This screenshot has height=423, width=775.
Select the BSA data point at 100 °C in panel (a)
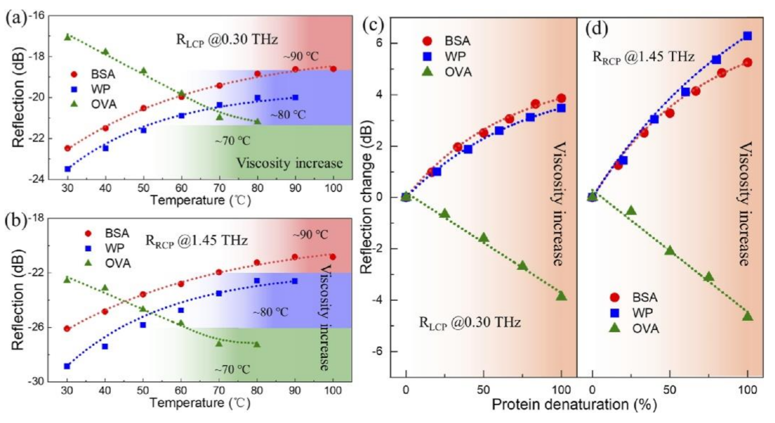[x=333, y=68]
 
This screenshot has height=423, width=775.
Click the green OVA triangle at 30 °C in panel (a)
[x=67, y=37]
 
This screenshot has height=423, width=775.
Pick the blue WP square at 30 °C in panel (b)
[x=67, y=366]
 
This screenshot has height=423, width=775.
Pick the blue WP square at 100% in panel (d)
[x=747, y=36]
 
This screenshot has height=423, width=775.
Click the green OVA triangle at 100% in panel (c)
[x=561, y=296]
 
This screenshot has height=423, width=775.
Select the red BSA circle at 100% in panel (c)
[x=561, y=98]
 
